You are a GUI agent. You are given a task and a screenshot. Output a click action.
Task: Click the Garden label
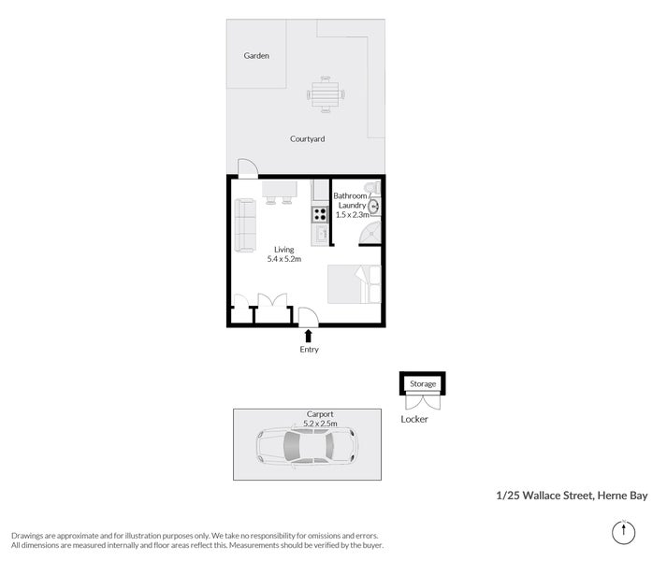click(x=256, y=56)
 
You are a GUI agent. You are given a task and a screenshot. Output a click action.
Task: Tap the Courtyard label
click(x=307, y=139)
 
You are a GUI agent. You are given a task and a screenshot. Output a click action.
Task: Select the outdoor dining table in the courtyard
click(x=326, y=93)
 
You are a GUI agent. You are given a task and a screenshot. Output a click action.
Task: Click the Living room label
click(x=283, y=250)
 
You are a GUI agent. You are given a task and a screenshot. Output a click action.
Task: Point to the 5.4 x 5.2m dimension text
click(x=283, y=259)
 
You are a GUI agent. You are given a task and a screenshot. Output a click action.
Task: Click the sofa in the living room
click(x=245, y=225)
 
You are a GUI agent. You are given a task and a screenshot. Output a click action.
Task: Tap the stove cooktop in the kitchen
click(x=319, y=213)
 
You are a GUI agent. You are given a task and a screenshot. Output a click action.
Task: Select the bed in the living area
click(x=354, y=284)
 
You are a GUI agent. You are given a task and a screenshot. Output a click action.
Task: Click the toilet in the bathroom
click(x=373, y=187)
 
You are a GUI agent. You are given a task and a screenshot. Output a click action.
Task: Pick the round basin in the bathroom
click(x=373, y=206)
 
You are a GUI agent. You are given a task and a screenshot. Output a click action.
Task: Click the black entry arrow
click(x=309, y=335)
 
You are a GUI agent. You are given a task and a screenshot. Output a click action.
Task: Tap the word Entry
click(x=309, y=350)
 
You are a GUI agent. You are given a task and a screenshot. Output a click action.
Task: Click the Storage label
click(x=423, y=384)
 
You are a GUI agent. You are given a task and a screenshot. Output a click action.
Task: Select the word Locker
click(x=413, y=419)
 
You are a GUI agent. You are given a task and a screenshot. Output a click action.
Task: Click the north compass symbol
click(x=622, y=531)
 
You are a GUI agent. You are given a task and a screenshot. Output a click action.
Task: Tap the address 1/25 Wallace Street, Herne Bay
click(x=572, y=496)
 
